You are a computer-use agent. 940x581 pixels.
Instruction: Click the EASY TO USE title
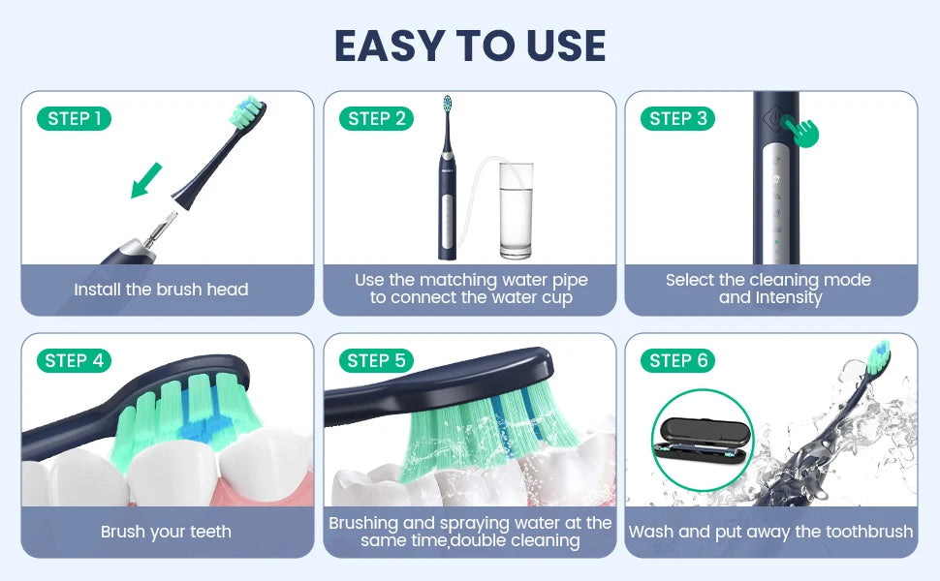click(470, 46)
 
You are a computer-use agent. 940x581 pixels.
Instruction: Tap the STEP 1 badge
click(75, 119)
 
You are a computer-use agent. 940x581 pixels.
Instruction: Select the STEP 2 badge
click(376, 119)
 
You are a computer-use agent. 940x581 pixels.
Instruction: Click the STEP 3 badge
click(678, 119)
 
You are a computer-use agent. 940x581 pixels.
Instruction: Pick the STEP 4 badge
click(75, 361)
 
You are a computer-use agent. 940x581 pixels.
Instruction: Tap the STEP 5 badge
click(376, 361)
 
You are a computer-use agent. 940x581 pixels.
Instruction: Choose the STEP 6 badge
click(678, 361)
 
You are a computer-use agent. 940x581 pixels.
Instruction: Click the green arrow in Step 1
click(147, 180)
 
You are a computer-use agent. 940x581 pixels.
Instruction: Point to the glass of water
click(515, 210)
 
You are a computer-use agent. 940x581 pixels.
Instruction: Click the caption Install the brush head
click(162, 290)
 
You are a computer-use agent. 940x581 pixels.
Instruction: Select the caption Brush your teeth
click(166, 532)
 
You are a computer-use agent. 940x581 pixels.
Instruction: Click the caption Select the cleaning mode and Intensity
click(768, 289)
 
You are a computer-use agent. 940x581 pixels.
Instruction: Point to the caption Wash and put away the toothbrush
click(770, 532)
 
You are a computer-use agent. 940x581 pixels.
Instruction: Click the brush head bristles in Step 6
click(880, 354)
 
